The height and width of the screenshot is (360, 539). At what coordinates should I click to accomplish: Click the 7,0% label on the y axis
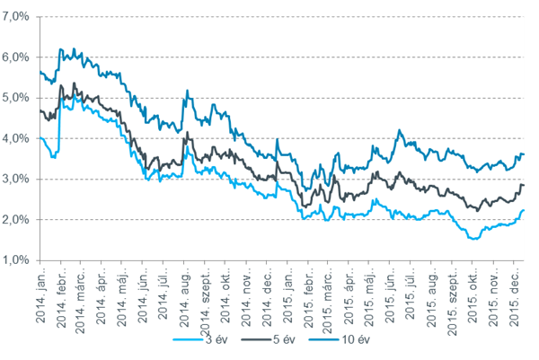point(18,15)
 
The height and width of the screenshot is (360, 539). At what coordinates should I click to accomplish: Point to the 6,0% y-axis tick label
point(18,57)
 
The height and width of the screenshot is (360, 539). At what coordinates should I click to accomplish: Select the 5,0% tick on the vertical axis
point(18,97)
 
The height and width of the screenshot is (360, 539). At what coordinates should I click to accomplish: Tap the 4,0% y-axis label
point(18,138)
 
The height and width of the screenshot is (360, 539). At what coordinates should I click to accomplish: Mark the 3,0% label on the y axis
point(18,179)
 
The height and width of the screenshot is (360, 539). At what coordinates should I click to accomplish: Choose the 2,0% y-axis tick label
point(18,220)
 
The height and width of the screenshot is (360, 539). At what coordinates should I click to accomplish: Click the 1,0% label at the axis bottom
point(18,260)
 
